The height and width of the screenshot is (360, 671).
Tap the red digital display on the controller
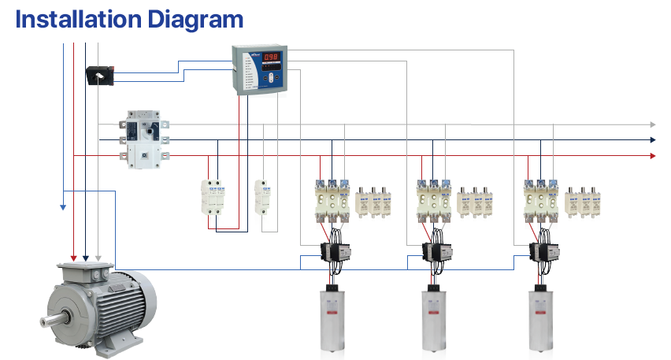click(272, 57)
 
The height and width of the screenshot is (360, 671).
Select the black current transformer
click(101, 76)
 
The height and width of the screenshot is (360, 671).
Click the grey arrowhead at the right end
click(652, 124)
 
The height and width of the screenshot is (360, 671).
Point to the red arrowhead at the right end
click(652, 156)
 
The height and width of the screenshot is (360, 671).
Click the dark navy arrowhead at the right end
click(652, 140)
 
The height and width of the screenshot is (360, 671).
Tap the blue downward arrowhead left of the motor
click(62, 208)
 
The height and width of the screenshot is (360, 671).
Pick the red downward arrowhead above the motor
click(74, 258)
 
